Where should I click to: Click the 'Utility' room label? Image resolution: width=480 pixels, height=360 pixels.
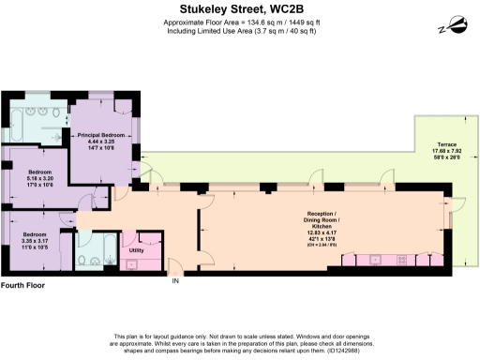[x=136, y=250]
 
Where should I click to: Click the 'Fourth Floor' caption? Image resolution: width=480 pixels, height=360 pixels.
[x=23, y=284]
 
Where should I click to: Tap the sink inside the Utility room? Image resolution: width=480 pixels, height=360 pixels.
[x=130, y=262]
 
